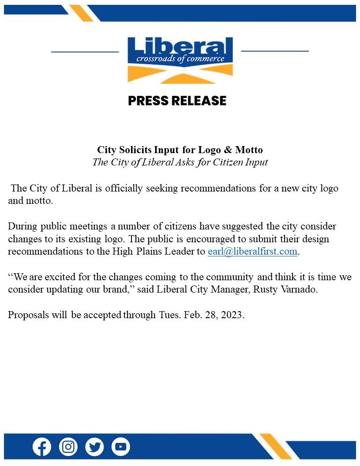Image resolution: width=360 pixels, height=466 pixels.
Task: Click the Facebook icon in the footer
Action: [42, 447]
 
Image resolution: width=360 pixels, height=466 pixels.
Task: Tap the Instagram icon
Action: [68, 447]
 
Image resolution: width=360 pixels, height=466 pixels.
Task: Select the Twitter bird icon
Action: [94, 447]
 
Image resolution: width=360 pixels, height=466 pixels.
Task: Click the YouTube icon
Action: [120, 447]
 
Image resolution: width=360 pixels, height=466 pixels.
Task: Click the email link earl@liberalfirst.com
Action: [253, 252]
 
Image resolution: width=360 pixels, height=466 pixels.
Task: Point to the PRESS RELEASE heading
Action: [177, 101]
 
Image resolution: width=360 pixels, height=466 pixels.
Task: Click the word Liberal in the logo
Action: [180, 47]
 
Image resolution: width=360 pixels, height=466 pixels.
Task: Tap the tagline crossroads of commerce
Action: [180, 59]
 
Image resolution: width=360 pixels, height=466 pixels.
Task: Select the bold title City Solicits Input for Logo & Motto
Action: [180, 150]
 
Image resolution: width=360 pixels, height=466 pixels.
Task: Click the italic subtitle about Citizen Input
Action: [180, 162]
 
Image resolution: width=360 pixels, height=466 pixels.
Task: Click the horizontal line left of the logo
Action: [85, 52]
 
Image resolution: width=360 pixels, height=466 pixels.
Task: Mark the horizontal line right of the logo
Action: [275, 51]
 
